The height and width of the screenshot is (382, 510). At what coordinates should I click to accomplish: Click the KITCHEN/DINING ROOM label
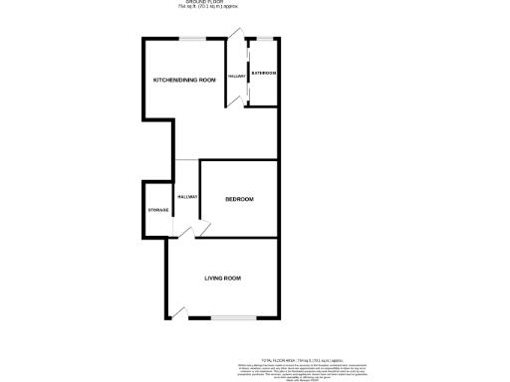[184, 80]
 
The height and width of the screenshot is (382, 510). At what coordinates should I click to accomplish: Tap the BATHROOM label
[263, 74]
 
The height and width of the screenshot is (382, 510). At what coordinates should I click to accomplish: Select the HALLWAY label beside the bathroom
[236, 76]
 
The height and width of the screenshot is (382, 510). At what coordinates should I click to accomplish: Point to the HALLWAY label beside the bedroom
[187, 197]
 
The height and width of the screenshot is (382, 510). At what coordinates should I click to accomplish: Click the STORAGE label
[157, 210]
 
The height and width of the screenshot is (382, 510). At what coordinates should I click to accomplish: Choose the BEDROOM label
[239, 199]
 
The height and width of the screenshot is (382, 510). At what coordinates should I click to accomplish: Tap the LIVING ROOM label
[223, 278]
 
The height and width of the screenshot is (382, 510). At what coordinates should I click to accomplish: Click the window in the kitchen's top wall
[195, 38]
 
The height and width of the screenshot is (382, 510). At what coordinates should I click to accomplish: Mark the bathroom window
[263, 38]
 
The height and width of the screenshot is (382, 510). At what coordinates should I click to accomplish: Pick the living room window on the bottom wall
[235, 319]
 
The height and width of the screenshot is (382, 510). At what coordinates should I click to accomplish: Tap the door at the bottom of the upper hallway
[236, 103]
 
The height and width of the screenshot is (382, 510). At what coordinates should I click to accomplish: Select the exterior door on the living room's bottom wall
[179, 315]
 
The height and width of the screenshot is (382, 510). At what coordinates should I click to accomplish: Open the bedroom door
[203, 230]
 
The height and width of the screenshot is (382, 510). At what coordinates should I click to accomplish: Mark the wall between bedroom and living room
[239, 238]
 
